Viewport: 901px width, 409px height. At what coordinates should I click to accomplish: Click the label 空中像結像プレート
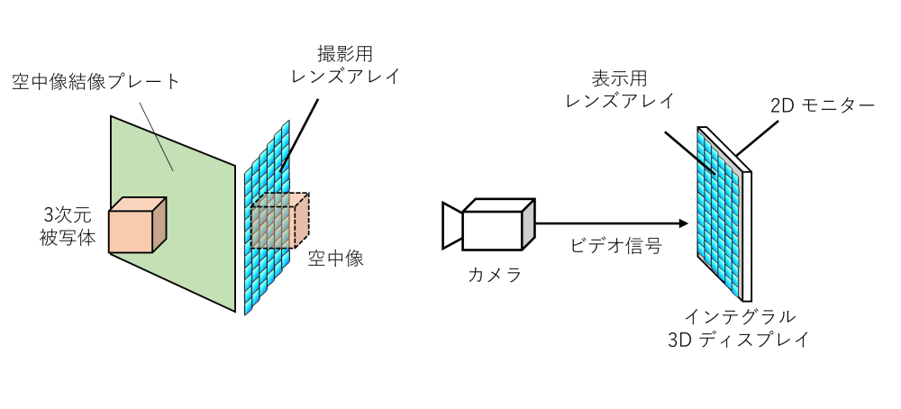point(96,82)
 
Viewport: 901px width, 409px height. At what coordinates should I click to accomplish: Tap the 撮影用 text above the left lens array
point(345,54)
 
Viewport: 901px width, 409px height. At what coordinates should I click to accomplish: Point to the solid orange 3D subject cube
point(138,225)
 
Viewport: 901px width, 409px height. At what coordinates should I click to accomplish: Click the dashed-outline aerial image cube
point(280,221)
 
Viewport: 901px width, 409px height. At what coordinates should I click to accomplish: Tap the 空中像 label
point(336,259)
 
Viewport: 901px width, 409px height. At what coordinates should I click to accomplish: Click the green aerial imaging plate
point(173,214)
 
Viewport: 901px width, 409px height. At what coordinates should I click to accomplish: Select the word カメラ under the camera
point(495,275)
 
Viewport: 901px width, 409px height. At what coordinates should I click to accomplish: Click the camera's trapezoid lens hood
point(452,225)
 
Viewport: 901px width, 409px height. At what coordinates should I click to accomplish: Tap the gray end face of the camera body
point(529,224)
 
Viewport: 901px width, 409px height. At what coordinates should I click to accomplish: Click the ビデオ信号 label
point(616,246)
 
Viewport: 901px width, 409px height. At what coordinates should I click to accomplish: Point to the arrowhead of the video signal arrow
point(683,223)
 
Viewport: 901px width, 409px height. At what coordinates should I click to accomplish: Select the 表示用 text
point(620,77)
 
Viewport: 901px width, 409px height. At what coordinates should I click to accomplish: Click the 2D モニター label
point(823,105)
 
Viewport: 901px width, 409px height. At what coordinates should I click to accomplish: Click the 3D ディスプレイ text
point(739,340)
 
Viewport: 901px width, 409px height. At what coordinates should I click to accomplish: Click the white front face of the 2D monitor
point(746,235)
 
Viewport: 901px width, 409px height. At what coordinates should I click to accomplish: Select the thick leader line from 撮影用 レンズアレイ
point(299,135)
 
